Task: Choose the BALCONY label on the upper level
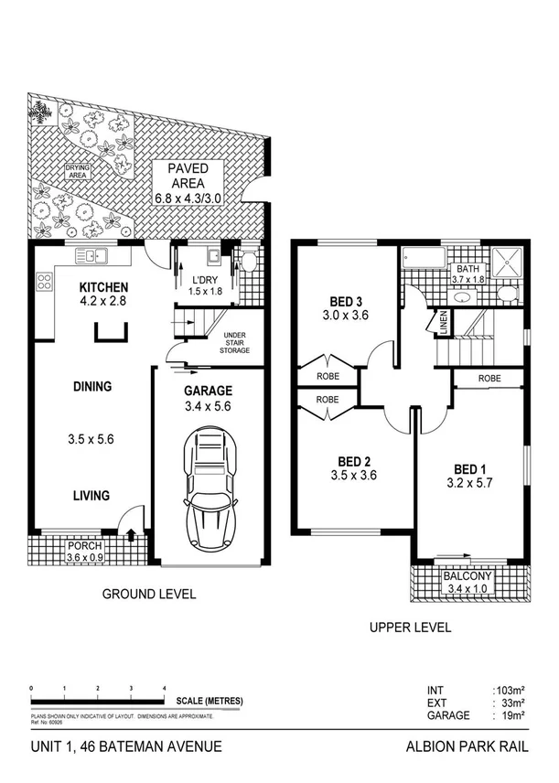pyautogui.click(x=467, y=576)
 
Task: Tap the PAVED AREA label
pyautogui.click(x=188, y=169)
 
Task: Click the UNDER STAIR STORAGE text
pyautogui.click(x=236, y=342)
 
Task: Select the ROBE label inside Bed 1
pyautogui.click(x=489, y=377)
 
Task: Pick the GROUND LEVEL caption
pyautogui.click(x=147, y=594)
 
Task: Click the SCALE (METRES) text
pyautogui.click(x=210, y=701)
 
